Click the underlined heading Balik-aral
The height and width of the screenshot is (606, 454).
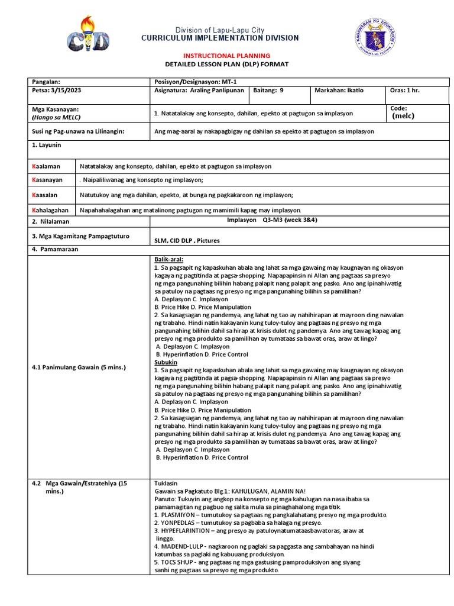click(168, 259)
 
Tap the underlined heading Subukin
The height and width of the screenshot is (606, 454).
click(166, 361)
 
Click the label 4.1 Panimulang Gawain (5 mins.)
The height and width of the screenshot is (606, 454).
click(79, 368)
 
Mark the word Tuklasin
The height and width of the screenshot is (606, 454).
click(165, 483)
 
